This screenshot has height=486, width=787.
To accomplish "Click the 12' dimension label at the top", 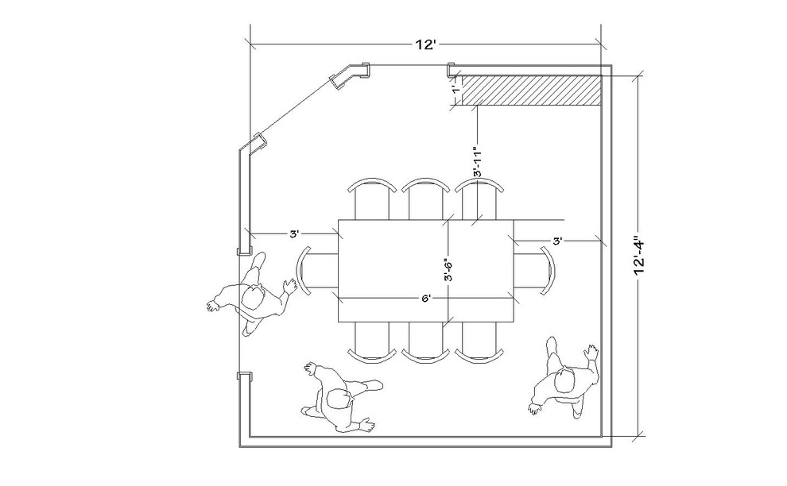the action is [x=425, y=44].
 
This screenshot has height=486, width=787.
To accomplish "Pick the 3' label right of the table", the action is [x=557, y=240].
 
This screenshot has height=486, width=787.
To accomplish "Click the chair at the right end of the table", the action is [x=537, y=270].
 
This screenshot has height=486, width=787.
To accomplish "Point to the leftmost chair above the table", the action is [x=371, y=199].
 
